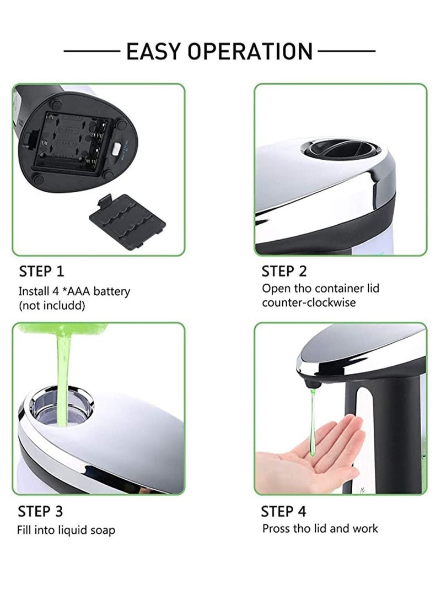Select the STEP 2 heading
pyautogui.click(x=284, y=271)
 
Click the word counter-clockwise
pyautogui.click(x=309, y=302)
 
